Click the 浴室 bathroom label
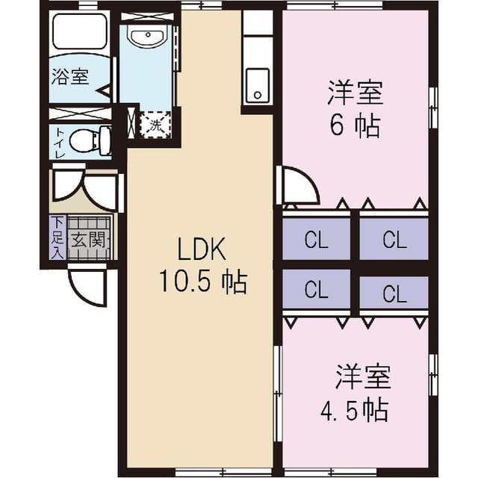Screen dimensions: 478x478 tap(69, 76)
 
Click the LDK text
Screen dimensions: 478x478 tap(201, 248)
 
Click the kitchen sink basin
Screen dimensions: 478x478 tap(258, 85)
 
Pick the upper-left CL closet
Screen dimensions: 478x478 tap(317, 240)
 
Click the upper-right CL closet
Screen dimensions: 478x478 tap(394, 240)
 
